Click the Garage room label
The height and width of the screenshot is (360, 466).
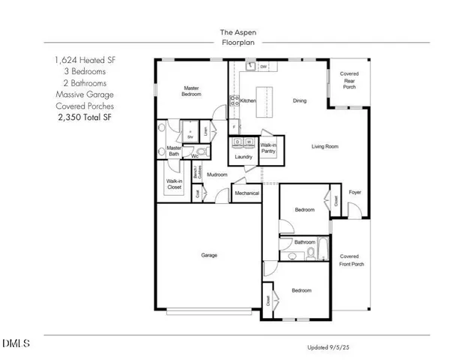pyautogui.click(x=209, y=256)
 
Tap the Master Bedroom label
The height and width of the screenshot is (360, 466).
pyautogui.click(x=191, y=91)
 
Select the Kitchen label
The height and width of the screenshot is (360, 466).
pyautogui.click(x=249, y=100)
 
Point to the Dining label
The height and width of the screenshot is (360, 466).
pyautogui.click(x=300, y=100)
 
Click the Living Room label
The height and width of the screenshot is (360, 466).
pyautogui.click(x=325, y=147)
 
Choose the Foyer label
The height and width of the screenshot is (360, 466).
pyautogui.click(x=355, y=193)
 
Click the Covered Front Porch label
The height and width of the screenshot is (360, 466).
pyautogui.click(x=349, y=260)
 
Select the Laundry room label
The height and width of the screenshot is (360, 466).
pyautogui.click(x=243, y=157)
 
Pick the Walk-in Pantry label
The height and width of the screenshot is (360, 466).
pyautogui.click(x=268, y=149)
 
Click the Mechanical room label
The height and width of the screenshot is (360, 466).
pyautogui.click(x=246, y=193)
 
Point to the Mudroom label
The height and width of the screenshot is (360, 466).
pyautogui.click(x=217, y=175)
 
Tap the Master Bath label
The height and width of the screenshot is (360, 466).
pyautogui.click(x=174, y=151)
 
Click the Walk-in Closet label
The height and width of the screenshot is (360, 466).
pyautogui.click(x=175, y=184)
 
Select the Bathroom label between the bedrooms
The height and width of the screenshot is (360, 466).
pyautogui.click(x=304, y=242)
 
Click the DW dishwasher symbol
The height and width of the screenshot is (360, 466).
pyautogui.click(x=264, y=67)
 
